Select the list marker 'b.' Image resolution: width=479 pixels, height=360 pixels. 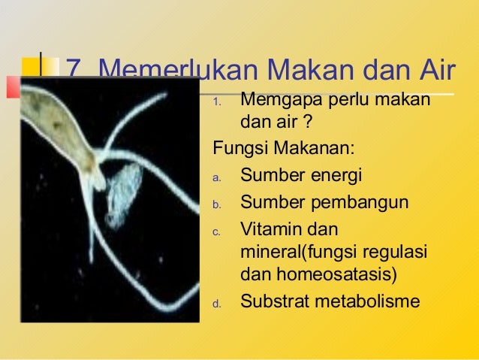tap(215, 205)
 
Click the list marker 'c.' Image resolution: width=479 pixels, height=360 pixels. tap(215, 231)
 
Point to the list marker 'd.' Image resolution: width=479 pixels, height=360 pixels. tap(215, 304)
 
